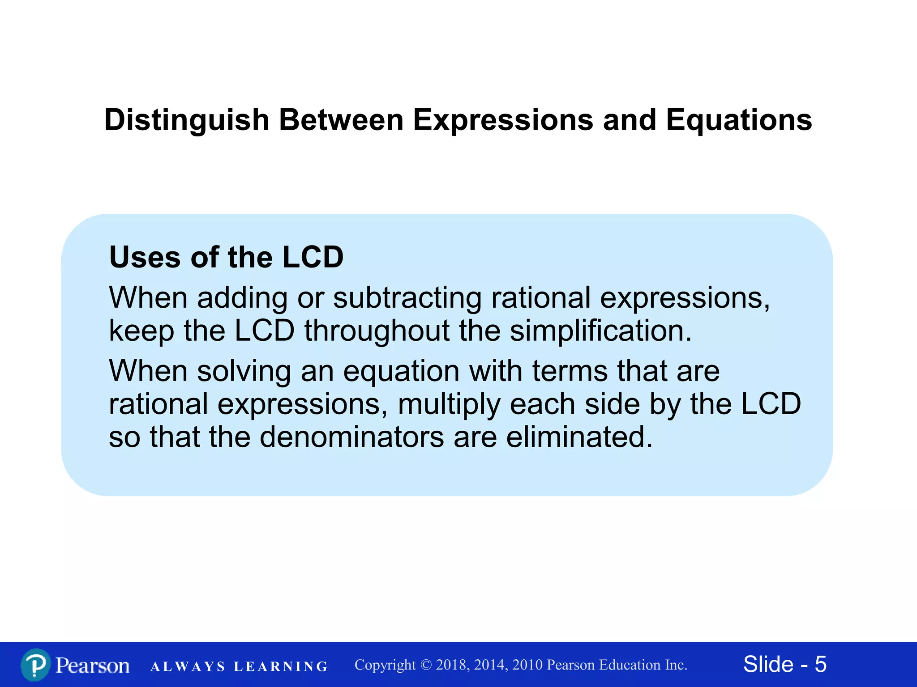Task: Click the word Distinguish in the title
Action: click(186, 120)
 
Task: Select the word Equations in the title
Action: click(739, 120)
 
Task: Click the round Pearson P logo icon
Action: click(35, 665)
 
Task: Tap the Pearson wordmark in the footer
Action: click(92, 666)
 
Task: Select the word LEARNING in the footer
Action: click(281, 666)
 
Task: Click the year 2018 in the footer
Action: click(451, 665)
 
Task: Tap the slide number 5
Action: click(820, 664)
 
